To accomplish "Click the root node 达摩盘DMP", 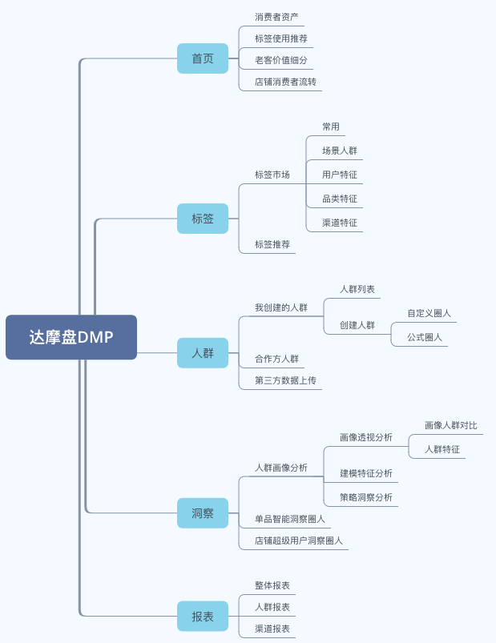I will click(71, 337).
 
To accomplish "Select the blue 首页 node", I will click(203, 58).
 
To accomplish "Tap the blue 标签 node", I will click(203, 218).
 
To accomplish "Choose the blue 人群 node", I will click(203, 352).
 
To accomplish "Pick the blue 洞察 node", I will click(203, 512).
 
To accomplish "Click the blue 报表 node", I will click(203, 616).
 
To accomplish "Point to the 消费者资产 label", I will click(277, 17).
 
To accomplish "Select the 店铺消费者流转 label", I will click(285, 82).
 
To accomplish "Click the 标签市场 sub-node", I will click(272, 175).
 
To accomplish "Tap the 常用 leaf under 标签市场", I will click(331, 127).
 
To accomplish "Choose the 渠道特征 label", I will click(340, 223).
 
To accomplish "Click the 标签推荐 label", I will click(272, 244).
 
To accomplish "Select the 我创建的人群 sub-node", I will click(281, 307).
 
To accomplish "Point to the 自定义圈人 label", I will click(429, 313).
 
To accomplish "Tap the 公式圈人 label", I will click(425, 337).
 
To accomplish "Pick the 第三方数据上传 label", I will click(285, 380).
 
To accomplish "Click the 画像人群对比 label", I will click(450, 425).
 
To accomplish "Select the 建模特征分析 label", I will click(366, 473).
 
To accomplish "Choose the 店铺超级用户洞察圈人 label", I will click(299, 541).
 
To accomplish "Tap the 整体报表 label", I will click(272, 585).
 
